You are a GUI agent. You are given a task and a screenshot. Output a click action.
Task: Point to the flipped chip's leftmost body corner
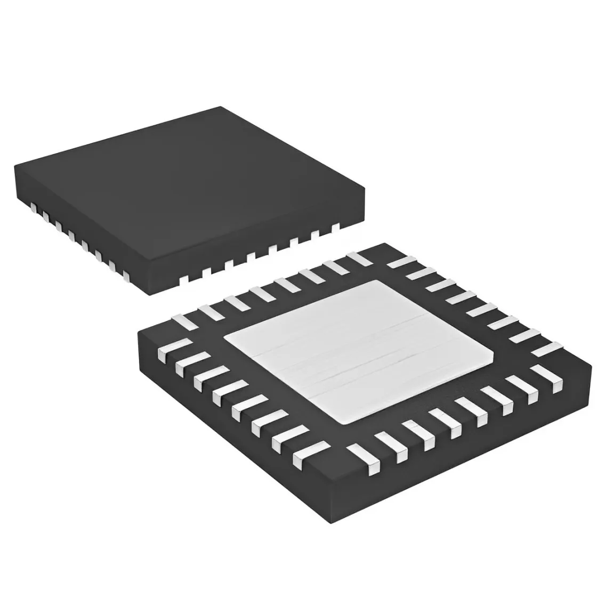click(x=139, y=334)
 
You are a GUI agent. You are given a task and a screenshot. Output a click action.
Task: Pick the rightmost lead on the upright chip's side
click(x=336, y=228)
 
